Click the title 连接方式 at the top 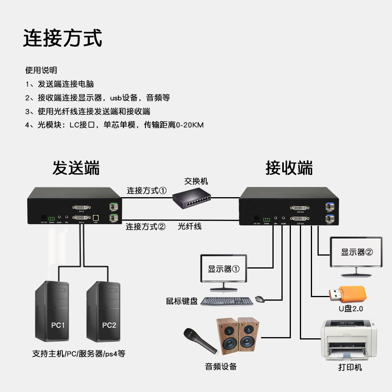(x=63, y=38)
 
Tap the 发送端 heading (x=76, y=168)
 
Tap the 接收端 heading (x=289, y=168)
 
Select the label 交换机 (x=196, y=181)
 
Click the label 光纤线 (x=190, y=226)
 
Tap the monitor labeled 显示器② (x=356, y=255)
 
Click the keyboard (x=227, y=301)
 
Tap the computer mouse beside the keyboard (x=260, y=299)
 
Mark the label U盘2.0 (x=351, y=309)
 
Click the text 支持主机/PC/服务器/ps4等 (x=78, y=354)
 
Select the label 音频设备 (x=221, y=367)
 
